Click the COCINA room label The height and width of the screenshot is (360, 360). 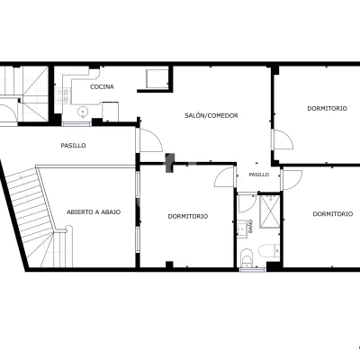(102, 87)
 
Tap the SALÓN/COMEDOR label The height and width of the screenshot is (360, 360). (211, 115)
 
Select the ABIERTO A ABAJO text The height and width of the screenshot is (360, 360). (94, 212)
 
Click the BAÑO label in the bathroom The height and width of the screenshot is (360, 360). (250, 227)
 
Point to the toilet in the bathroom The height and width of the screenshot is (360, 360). (269, 251)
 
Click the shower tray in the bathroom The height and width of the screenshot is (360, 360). (269, 211)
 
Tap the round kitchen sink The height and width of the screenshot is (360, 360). (83, 112)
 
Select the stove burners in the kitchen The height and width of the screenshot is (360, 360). (63, 95)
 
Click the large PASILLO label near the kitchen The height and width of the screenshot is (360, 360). (73, 146)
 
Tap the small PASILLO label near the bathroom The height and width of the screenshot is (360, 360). (259, 175)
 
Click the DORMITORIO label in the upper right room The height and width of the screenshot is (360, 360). (327, 108)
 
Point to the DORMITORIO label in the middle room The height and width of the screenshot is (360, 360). (188, 216)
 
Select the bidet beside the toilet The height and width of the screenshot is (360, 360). (247, 257)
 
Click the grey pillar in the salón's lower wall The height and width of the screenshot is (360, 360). (170, 163)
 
